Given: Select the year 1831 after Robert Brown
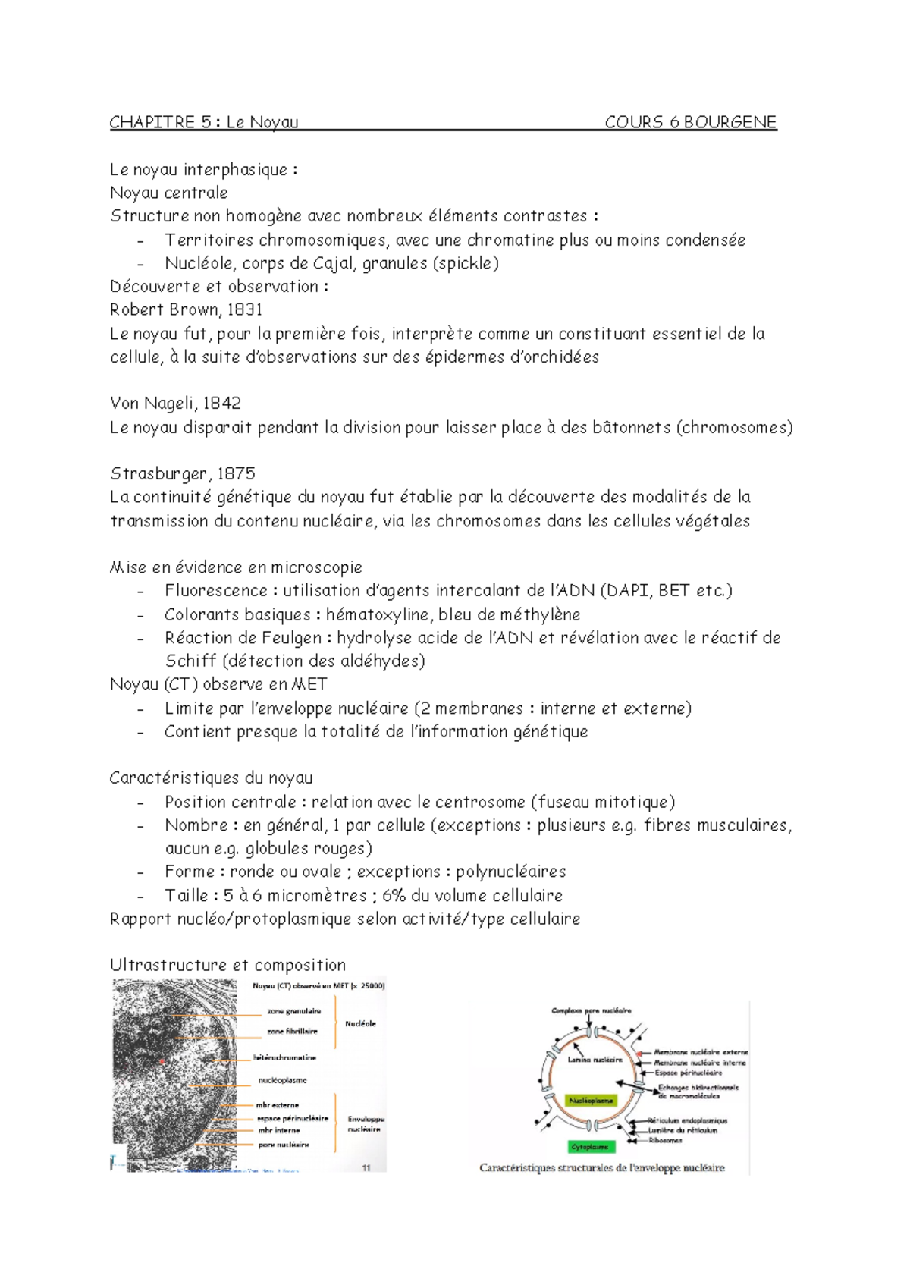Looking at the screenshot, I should pyautogui.click(x=244, y=309).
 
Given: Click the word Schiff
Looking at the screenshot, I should pyautogui.click(x=190, y=661).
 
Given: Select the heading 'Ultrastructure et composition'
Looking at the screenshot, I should pyautogui.click(x=227, y=965).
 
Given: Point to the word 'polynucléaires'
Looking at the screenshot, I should pyautogui.click(x=510, y=872).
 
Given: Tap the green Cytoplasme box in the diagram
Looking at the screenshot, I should pyautogui.click(x=589, y=1147).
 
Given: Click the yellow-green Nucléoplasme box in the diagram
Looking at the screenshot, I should pyautogui.click(x=591, y=1100).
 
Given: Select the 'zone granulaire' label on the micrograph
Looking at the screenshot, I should pyautogui.click(x=293, y=1011).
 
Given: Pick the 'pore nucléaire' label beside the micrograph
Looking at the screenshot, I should pyautogui.click(x=283, y=1145).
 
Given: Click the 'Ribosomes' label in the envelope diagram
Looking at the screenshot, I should pyautogui.click(x=665, y=1140).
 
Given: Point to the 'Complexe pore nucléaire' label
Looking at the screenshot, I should pyautogui.click(x=591, y=1010).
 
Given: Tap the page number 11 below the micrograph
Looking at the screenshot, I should pyautogui.click(x=366, y=1168).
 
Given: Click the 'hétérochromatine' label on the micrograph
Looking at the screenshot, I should pyautogui.click(x=284, y=1057).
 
